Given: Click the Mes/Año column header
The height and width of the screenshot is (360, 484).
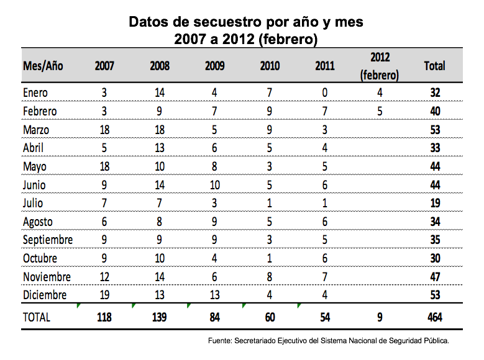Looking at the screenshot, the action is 43,66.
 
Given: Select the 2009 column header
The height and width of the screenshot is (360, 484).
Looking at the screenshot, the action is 215,66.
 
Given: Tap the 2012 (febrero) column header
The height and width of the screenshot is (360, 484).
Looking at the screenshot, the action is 380,66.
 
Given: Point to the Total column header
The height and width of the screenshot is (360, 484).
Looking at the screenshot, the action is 435,66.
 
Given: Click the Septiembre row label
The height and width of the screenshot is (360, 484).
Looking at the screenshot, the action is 48,240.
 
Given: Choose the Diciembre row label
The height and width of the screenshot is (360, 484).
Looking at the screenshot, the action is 45,295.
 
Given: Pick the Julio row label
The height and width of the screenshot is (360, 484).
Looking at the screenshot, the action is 33,204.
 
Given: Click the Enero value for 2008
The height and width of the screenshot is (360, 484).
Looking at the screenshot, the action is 160,92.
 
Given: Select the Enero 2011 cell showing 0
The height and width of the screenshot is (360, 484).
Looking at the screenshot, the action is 325,92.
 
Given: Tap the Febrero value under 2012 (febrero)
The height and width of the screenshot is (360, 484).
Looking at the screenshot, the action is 380,111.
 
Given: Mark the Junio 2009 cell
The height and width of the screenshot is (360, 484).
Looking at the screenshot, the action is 215,185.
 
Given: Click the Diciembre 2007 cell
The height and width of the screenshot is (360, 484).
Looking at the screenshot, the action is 104,295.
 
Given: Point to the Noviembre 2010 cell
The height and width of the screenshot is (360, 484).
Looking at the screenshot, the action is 270,277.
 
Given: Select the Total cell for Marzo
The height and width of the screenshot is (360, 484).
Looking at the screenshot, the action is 435,130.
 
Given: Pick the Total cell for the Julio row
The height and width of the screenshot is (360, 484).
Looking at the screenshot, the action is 435,204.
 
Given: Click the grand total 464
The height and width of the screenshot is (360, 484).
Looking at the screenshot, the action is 435,317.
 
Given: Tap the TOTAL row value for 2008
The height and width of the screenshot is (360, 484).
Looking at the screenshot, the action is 160,317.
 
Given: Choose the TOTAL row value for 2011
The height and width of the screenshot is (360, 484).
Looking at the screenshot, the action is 325,317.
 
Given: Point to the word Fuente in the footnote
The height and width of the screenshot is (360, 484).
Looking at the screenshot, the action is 219,341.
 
